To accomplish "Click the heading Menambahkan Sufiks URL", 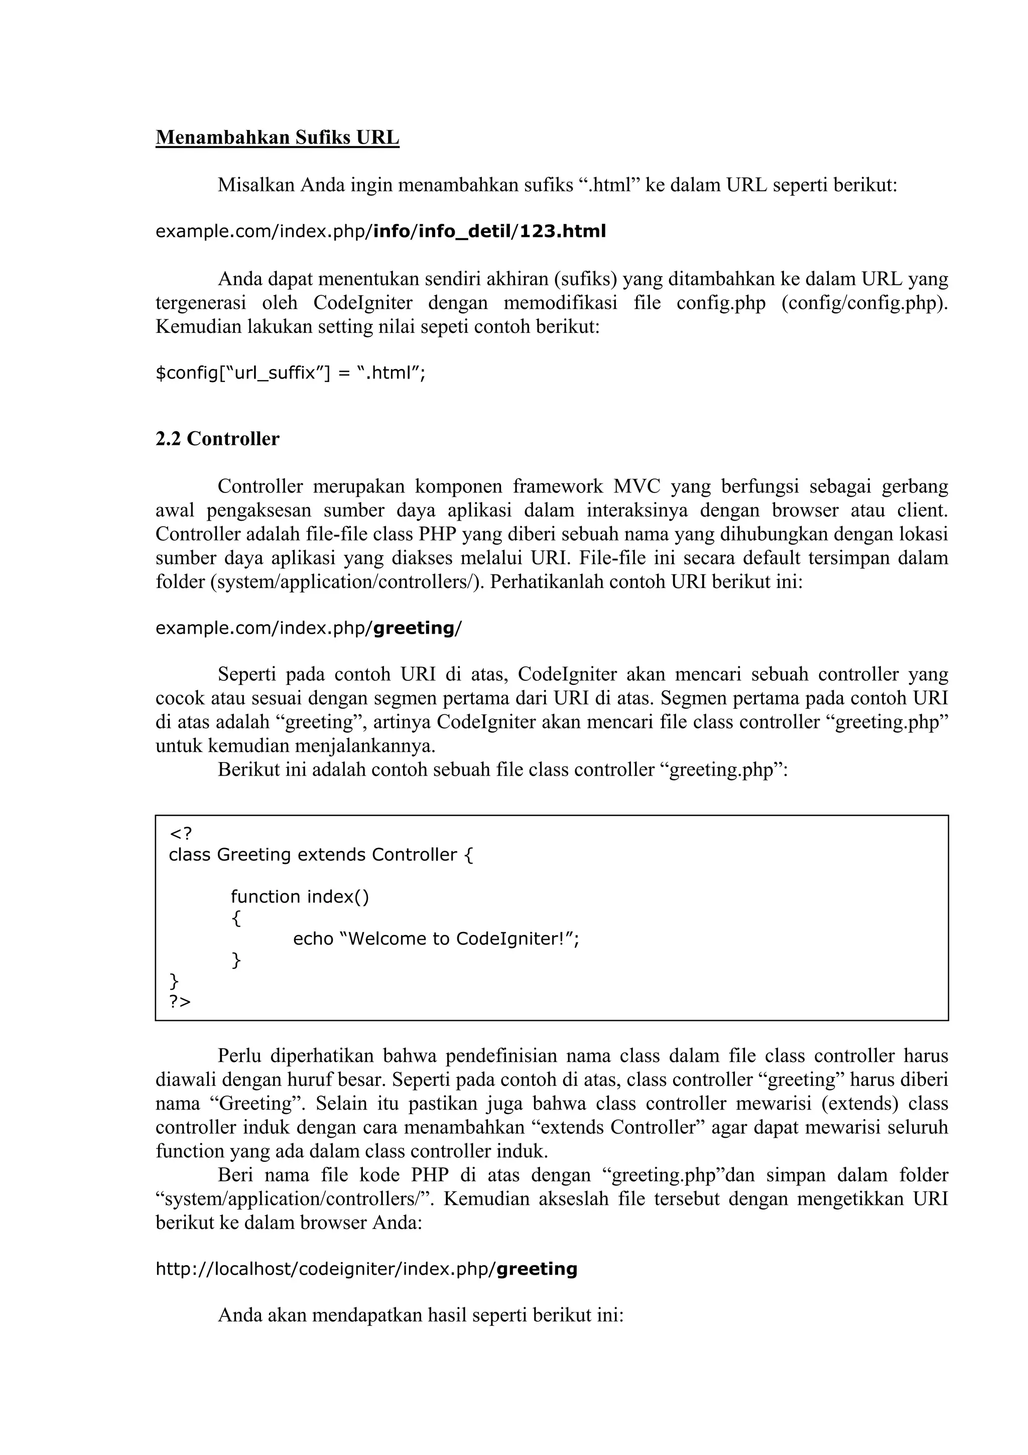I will [x=278, y=138].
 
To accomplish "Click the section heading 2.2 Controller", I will [x=217, y=439].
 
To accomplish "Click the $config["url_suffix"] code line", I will [x=291, y=373].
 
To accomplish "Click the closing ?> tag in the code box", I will [x=180, y=1002].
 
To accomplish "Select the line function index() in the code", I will [x=300, y=897].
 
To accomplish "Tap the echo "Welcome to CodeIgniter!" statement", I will [x=436, y=938].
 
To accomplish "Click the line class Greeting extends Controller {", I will [x=321, y=855].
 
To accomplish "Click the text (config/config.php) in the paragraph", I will [x=864, y=303].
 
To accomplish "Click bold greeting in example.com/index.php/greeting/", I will [x=414, y=628].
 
